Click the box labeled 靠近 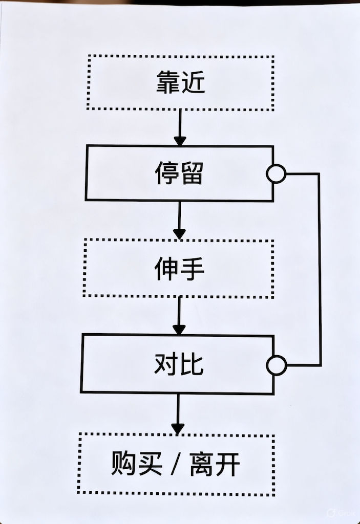[180, 83]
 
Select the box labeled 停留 [179, 173]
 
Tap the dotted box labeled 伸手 [179, 268]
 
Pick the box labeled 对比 [178, 364]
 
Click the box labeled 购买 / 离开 [176, 465]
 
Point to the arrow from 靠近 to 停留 [180, 128]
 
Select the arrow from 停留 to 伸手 [179, 220]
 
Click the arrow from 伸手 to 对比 [179, 315]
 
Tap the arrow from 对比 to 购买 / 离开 [178, 413]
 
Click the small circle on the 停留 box [277, 174]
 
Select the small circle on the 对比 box [277, 365]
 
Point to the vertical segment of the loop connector [320, 270]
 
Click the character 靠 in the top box [167, 83]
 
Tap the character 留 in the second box [192, 173]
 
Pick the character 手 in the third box [192, 268]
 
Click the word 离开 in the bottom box [215, 465]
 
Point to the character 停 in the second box [166, 173]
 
